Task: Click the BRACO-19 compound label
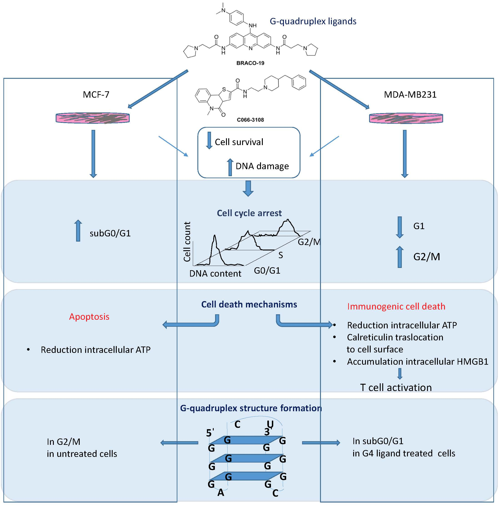click(250, 63)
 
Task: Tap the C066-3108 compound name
click(250, 120)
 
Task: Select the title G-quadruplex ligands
click(313, 21)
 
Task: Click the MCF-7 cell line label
click(96, 95)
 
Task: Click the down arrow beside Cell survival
click(209, 140)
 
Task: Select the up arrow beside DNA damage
click(230, 167)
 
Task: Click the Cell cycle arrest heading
click(249, 213)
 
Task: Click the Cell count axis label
click(187, 242)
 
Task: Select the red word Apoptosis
click(89, 317)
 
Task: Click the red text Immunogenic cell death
click(396, 306)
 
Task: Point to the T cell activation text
click(395, 388)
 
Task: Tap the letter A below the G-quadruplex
click(221, 493)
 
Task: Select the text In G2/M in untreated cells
click(82, 448)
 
